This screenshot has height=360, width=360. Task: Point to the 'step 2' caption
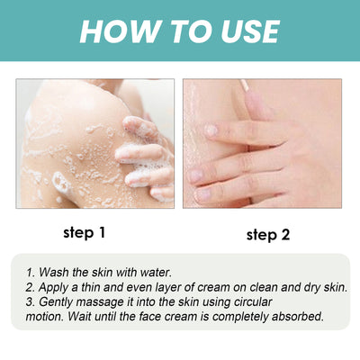(268, 235)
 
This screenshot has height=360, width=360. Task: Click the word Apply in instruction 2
(56, 286)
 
